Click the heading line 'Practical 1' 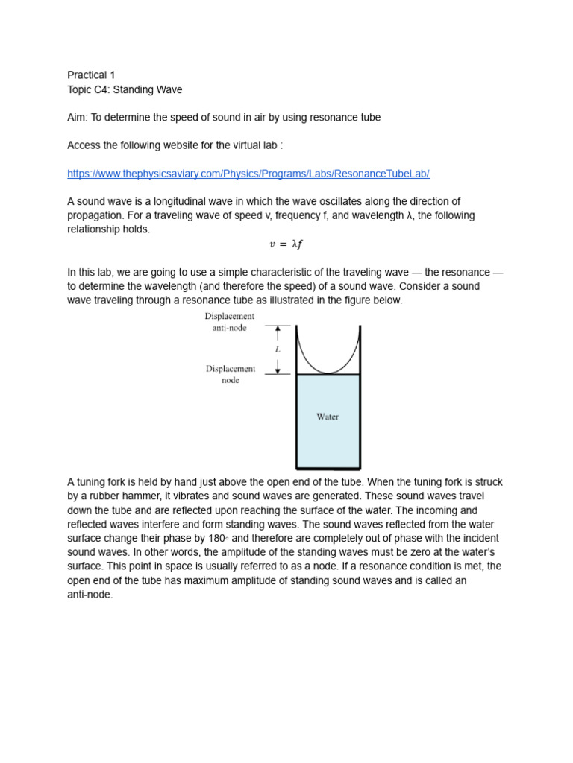point(91,75)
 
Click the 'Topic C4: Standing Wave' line point(125,89)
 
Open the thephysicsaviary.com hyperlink point(248,174)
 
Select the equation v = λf point(286,244)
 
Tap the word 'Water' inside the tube point(328,417)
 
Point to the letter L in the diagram point(278,349)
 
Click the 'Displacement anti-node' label point(230,322)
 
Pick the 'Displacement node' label point(231,374)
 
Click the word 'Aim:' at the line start point(78,118)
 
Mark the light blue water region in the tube point(328,440)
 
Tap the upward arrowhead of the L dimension point(278,329)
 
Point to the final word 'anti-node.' point(90,595)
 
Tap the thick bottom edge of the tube point(328,468)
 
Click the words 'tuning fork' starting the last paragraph point(103,481)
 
